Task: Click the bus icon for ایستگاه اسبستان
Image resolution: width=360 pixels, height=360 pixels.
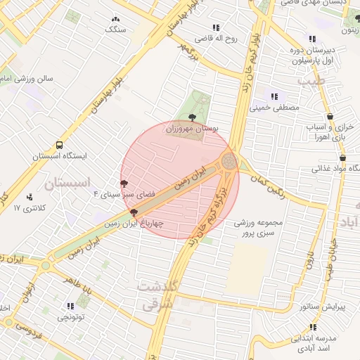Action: (x=59, y=143)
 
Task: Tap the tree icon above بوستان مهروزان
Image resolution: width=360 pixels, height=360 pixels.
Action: (x=192, y=117)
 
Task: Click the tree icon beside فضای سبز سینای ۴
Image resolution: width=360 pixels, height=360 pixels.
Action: (x=124, y=182)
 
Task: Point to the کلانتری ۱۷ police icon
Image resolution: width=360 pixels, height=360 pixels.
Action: (x=29, y=198)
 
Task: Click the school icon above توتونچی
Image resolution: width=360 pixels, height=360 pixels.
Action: (x=70, y=306)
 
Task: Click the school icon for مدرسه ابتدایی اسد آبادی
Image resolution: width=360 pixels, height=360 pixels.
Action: (x=313, y=327)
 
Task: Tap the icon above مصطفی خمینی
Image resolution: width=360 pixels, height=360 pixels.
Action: (x=275, y=96)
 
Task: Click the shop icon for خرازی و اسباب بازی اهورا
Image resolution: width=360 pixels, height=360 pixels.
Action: (x=330, y=117)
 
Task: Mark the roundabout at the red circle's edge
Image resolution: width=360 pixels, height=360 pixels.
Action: (x=229, y=162)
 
